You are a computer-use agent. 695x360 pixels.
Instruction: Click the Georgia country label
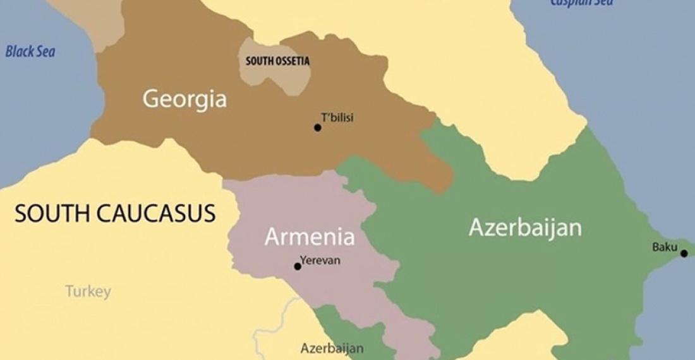coord(184,99)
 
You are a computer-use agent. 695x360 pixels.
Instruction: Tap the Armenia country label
coord(309,237)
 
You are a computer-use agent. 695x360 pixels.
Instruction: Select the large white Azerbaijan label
coord(525,227)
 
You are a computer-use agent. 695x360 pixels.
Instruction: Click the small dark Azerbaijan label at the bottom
coord(332,348)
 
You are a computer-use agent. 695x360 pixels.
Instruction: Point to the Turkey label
coord(88,291)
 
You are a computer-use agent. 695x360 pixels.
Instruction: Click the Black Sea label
coord(30,52)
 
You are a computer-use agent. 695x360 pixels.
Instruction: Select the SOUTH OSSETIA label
coord(277,61)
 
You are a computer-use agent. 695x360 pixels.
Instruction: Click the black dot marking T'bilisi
coord(318,128)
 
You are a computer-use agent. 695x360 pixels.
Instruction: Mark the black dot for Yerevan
coord(298,267)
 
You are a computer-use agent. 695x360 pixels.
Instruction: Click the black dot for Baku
coord(684,253)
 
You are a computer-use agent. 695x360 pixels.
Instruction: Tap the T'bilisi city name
coord(337,117)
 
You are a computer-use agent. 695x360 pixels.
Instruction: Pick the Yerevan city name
coord(320,260)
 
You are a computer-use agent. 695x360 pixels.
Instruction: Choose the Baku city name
coord(665,247)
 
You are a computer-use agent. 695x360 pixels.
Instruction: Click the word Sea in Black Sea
coord(45,52)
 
